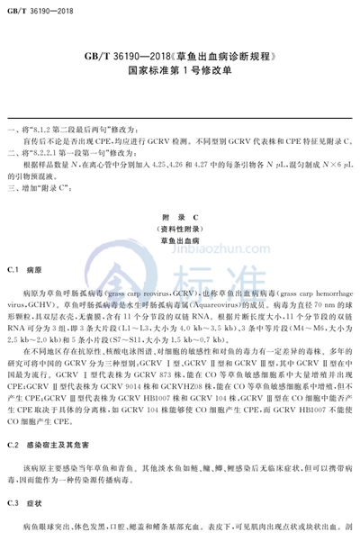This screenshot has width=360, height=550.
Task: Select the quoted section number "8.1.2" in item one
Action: click(46, 131)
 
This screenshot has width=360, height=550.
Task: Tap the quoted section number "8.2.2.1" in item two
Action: click(49, 154)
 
